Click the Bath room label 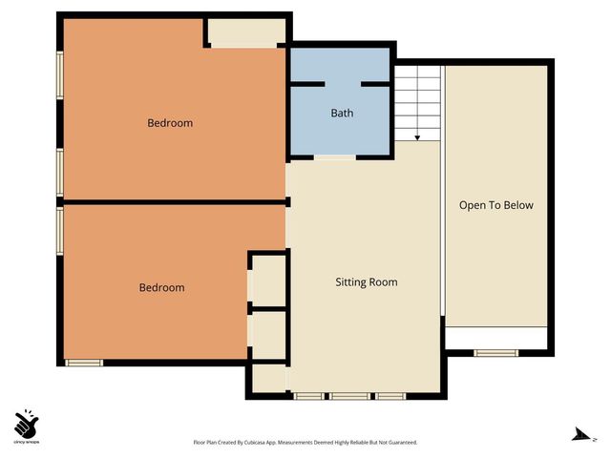click(x=342, y=114)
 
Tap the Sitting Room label click(x=366, y=282)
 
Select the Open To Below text click(x=495, y=205)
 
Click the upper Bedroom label click(x=170, y=123)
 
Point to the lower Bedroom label click(x=161, y=288)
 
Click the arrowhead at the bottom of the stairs click(x=417, y=137)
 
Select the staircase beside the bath click(x=417, y=100)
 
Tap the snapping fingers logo click(x=27, y=423)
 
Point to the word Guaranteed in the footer click(x=399, y=443)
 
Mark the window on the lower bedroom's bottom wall click(x=84, y=362)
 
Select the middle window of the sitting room click(x=349, y=395)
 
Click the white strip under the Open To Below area click(x=495, y=338)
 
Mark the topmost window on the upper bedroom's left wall click(x=59, y=73)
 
